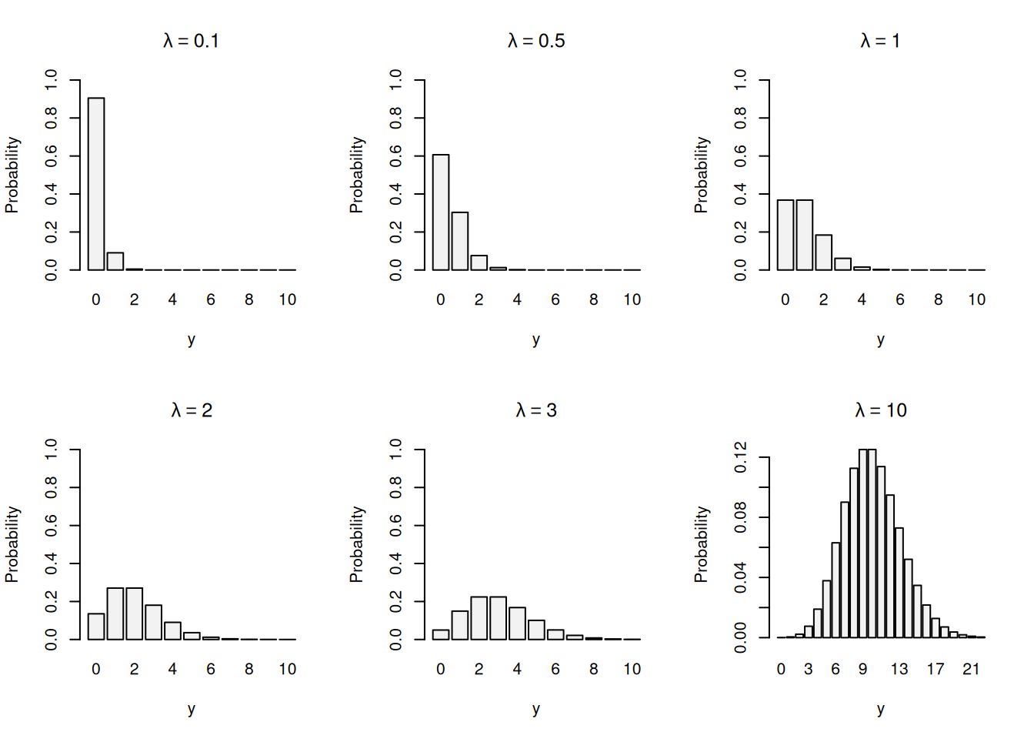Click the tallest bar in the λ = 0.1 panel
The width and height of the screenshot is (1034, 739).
pos(96,184)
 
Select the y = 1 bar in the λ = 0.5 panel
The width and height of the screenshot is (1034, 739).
pos(459,241)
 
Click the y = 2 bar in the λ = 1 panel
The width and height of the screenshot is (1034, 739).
pos(823,252)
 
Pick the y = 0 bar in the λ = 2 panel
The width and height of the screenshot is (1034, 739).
pos(96,627)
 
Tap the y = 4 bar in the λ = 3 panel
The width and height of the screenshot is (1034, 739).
pos(517,624)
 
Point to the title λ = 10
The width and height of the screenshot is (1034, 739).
pos(880,410)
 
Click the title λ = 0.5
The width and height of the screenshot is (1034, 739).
pos(536,41)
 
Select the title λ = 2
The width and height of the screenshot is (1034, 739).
pos(192,410)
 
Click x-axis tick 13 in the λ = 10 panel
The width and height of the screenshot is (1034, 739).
pos(899,669)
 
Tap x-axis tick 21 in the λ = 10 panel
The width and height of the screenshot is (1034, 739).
pos(971,669)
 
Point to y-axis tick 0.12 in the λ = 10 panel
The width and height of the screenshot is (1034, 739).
pos(741,458)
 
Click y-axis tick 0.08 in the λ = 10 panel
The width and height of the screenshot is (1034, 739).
pos(741,517)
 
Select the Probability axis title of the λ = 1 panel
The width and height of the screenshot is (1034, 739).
pos(701,175)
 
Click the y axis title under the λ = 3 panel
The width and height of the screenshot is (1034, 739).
pos(536,709)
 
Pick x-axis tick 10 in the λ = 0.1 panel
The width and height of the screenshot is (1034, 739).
pos(287,299)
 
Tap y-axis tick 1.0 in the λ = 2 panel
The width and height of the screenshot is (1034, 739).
pos(52,450)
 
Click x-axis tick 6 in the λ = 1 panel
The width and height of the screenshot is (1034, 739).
pos(899,299)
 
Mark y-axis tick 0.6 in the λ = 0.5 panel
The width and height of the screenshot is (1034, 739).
pos(396,156)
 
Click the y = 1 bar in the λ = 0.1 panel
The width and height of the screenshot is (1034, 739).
pos(115,262)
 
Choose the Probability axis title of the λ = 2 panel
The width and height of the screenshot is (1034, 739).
pos(12,544)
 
